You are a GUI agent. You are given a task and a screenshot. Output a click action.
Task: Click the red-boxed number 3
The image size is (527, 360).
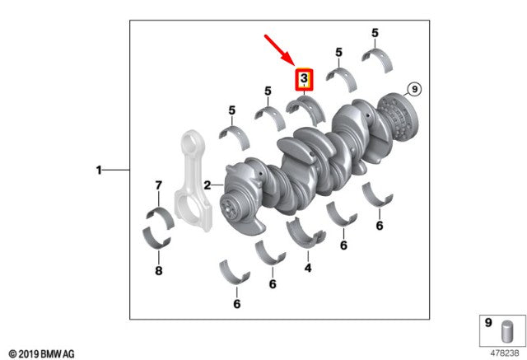pyautogui.click(x=304, y=78)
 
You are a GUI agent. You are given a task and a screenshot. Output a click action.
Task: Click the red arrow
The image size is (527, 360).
pyautogui.click(x=280, y=50)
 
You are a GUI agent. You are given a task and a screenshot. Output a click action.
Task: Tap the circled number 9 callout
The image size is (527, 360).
pyautogui.click(x=414, y=89)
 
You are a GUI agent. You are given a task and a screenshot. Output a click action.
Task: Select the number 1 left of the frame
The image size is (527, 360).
pyautogui.click(x=99, y=170)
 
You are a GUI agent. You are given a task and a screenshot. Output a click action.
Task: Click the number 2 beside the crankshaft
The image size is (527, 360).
pyautogui.click(x=208, y=185)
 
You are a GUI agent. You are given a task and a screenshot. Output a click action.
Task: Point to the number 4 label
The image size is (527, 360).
pyautogui.click(x=308, y=268)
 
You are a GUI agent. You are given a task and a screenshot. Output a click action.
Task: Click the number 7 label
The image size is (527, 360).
pyautogui.click(x=159, y=185)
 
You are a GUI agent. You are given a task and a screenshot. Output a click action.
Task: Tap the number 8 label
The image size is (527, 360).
pyautogui.click(x=159, y=270)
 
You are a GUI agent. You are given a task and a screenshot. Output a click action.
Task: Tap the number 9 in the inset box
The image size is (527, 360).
pyautogui.click(x=488, y=323)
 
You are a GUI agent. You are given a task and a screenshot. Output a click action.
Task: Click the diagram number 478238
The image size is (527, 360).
pyautogui.click(x=505, y=353)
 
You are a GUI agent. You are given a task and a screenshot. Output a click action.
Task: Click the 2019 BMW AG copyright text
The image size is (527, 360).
pyautogui.click(x=41, y=353)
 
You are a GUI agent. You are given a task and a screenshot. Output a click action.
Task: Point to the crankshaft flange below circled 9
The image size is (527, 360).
pyautogui.click(x=399, y=116)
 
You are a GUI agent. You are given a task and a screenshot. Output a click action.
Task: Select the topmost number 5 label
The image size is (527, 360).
pyautogui.click(x=375, y=33)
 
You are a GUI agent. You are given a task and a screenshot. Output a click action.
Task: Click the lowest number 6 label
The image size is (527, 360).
pyautogui.click(x=237, y=304)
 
